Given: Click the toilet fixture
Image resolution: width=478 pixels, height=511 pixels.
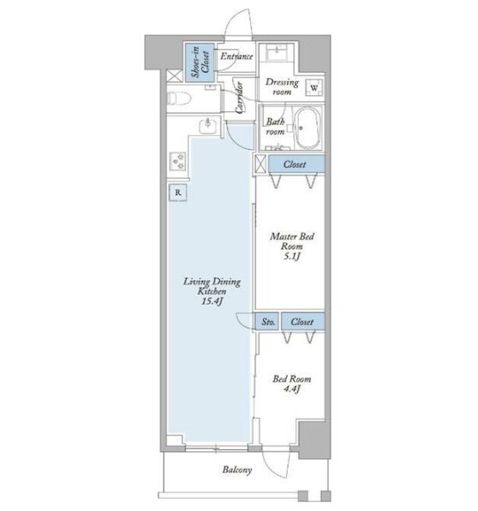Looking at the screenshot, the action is [x=178, y=98].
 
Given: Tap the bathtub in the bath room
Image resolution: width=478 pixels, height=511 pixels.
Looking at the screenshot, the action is [x=308, y=128].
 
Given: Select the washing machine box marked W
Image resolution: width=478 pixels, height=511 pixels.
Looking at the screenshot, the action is [x=314, y=88].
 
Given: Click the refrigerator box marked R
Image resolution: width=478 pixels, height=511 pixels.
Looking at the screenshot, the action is [x=177, y=193].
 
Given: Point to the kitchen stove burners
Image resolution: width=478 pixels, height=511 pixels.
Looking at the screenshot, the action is [x=177, y=161].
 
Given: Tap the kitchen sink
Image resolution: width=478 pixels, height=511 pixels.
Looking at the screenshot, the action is [x=207, y=126].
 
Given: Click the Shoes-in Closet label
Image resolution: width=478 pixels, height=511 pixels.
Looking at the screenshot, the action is [x=200, y=62].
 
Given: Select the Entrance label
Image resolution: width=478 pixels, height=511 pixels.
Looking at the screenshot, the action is [x=236, y=56].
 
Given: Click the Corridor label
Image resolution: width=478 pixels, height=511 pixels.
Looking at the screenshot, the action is [x=240, y=98].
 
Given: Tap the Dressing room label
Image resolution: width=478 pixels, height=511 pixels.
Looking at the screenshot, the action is [x=282, y=86].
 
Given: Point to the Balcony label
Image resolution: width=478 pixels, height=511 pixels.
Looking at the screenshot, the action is [x=237, y=470].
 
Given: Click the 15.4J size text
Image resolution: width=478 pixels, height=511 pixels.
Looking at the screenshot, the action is [x=212, y=301].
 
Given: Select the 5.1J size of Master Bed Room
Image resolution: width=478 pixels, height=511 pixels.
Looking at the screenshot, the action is [x=291, y=257].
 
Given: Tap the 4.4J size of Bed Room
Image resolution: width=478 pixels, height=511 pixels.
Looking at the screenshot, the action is [x=291, y=389].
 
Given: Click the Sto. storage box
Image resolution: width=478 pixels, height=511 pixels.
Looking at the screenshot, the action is [x=267, y=322].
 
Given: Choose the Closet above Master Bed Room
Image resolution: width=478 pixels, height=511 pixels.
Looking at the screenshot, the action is [x=296, y=164].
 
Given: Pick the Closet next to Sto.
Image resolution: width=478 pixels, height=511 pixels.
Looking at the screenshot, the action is [x=303, y=322].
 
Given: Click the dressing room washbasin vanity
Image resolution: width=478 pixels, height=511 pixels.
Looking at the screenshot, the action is [x=277, y=52].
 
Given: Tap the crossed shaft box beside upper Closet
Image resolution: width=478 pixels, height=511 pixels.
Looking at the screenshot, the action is [x=260, y=164].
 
